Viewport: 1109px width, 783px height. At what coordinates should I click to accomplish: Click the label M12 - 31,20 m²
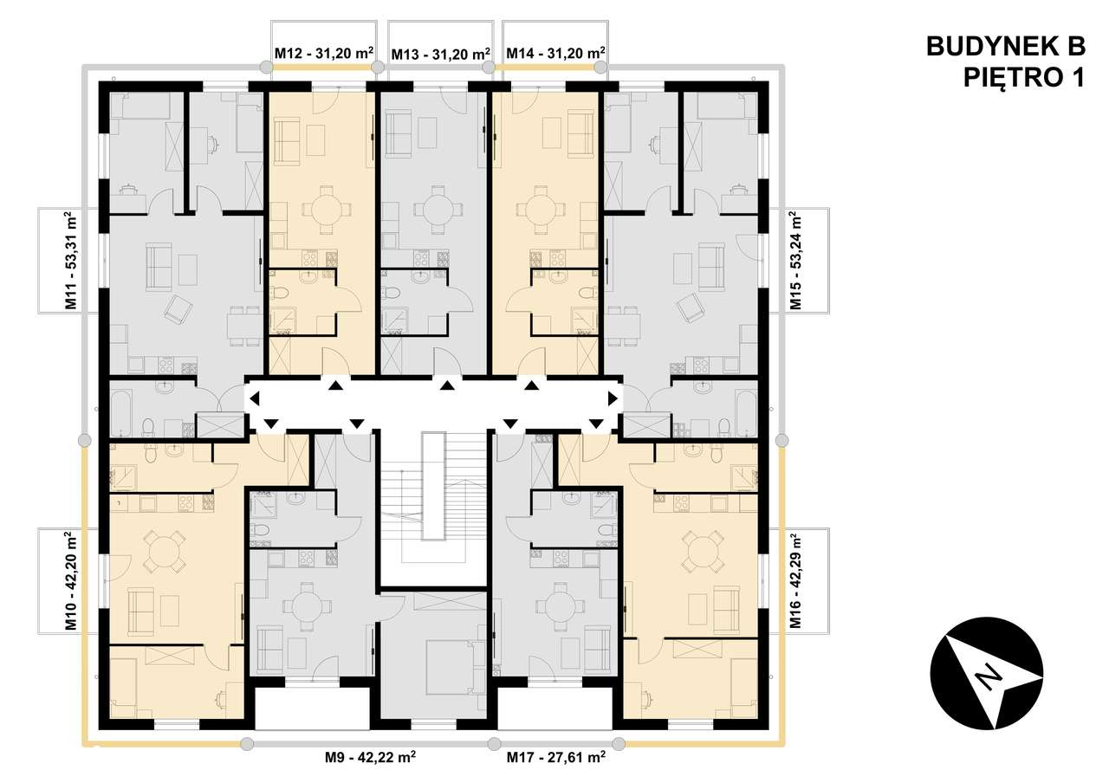click(323, 54)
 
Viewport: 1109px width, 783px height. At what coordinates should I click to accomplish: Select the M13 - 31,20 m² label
click(440, 54)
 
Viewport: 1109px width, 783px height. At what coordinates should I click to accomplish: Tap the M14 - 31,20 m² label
click(554, 54)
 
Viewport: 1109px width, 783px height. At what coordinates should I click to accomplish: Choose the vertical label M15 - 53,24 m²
click(794, 261)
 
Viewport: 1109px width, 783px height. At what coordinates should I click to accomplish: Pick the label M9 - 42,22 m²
click(371, 757)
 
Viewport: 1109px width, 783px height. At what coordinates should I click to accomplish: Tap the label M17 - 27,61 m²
click(555, 757)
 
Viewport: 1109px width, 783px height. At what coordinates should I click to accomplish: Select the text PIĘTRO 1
click(1023, 78)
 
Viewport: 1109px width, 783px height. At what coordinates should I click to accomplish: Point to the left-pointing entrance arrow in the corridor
click(255, 399)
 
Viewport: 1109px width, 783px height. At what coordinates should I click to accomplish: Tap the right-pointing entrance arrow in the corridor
click(613, 399)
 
